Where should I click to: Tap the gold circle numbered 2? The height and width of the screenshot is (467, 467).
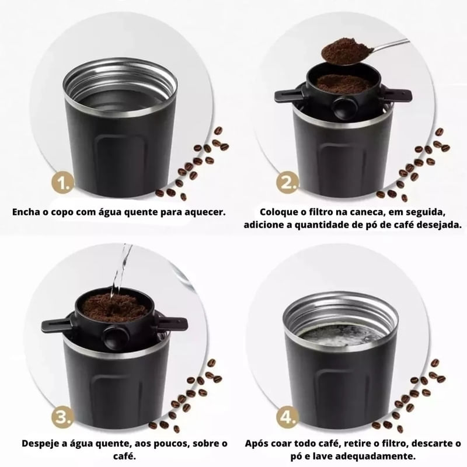(287, 183)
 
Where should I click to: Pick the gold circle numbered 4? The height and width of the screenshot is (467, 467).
(287, 417)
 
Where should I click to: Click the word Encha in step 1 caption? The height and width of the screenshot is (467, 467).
(26, 212)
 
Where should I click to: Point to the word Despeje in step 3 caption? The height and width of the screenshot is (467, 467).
(41, 444)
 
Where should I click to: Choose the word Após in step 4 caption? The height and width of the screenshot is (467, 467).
(257, 444)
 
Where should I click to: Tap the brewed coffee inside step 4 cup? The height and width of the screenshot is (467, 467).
(341, 337)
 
